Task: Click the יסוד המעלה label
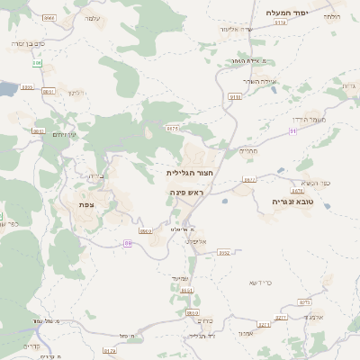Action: [x=288, y=13]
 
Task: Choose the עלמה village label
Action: [x=90, y=18]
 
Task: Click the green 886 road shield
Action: [x=37, y=63]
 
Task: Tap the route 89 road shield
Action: [x=129, y=242]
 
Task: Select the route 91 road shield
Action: [x=292, y=131]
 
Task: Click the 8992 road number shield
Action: [x=224, y=253]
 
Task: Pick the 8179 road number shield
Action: [x=110, y=351]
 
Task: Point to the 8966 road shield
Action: [x=49, y=17]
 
